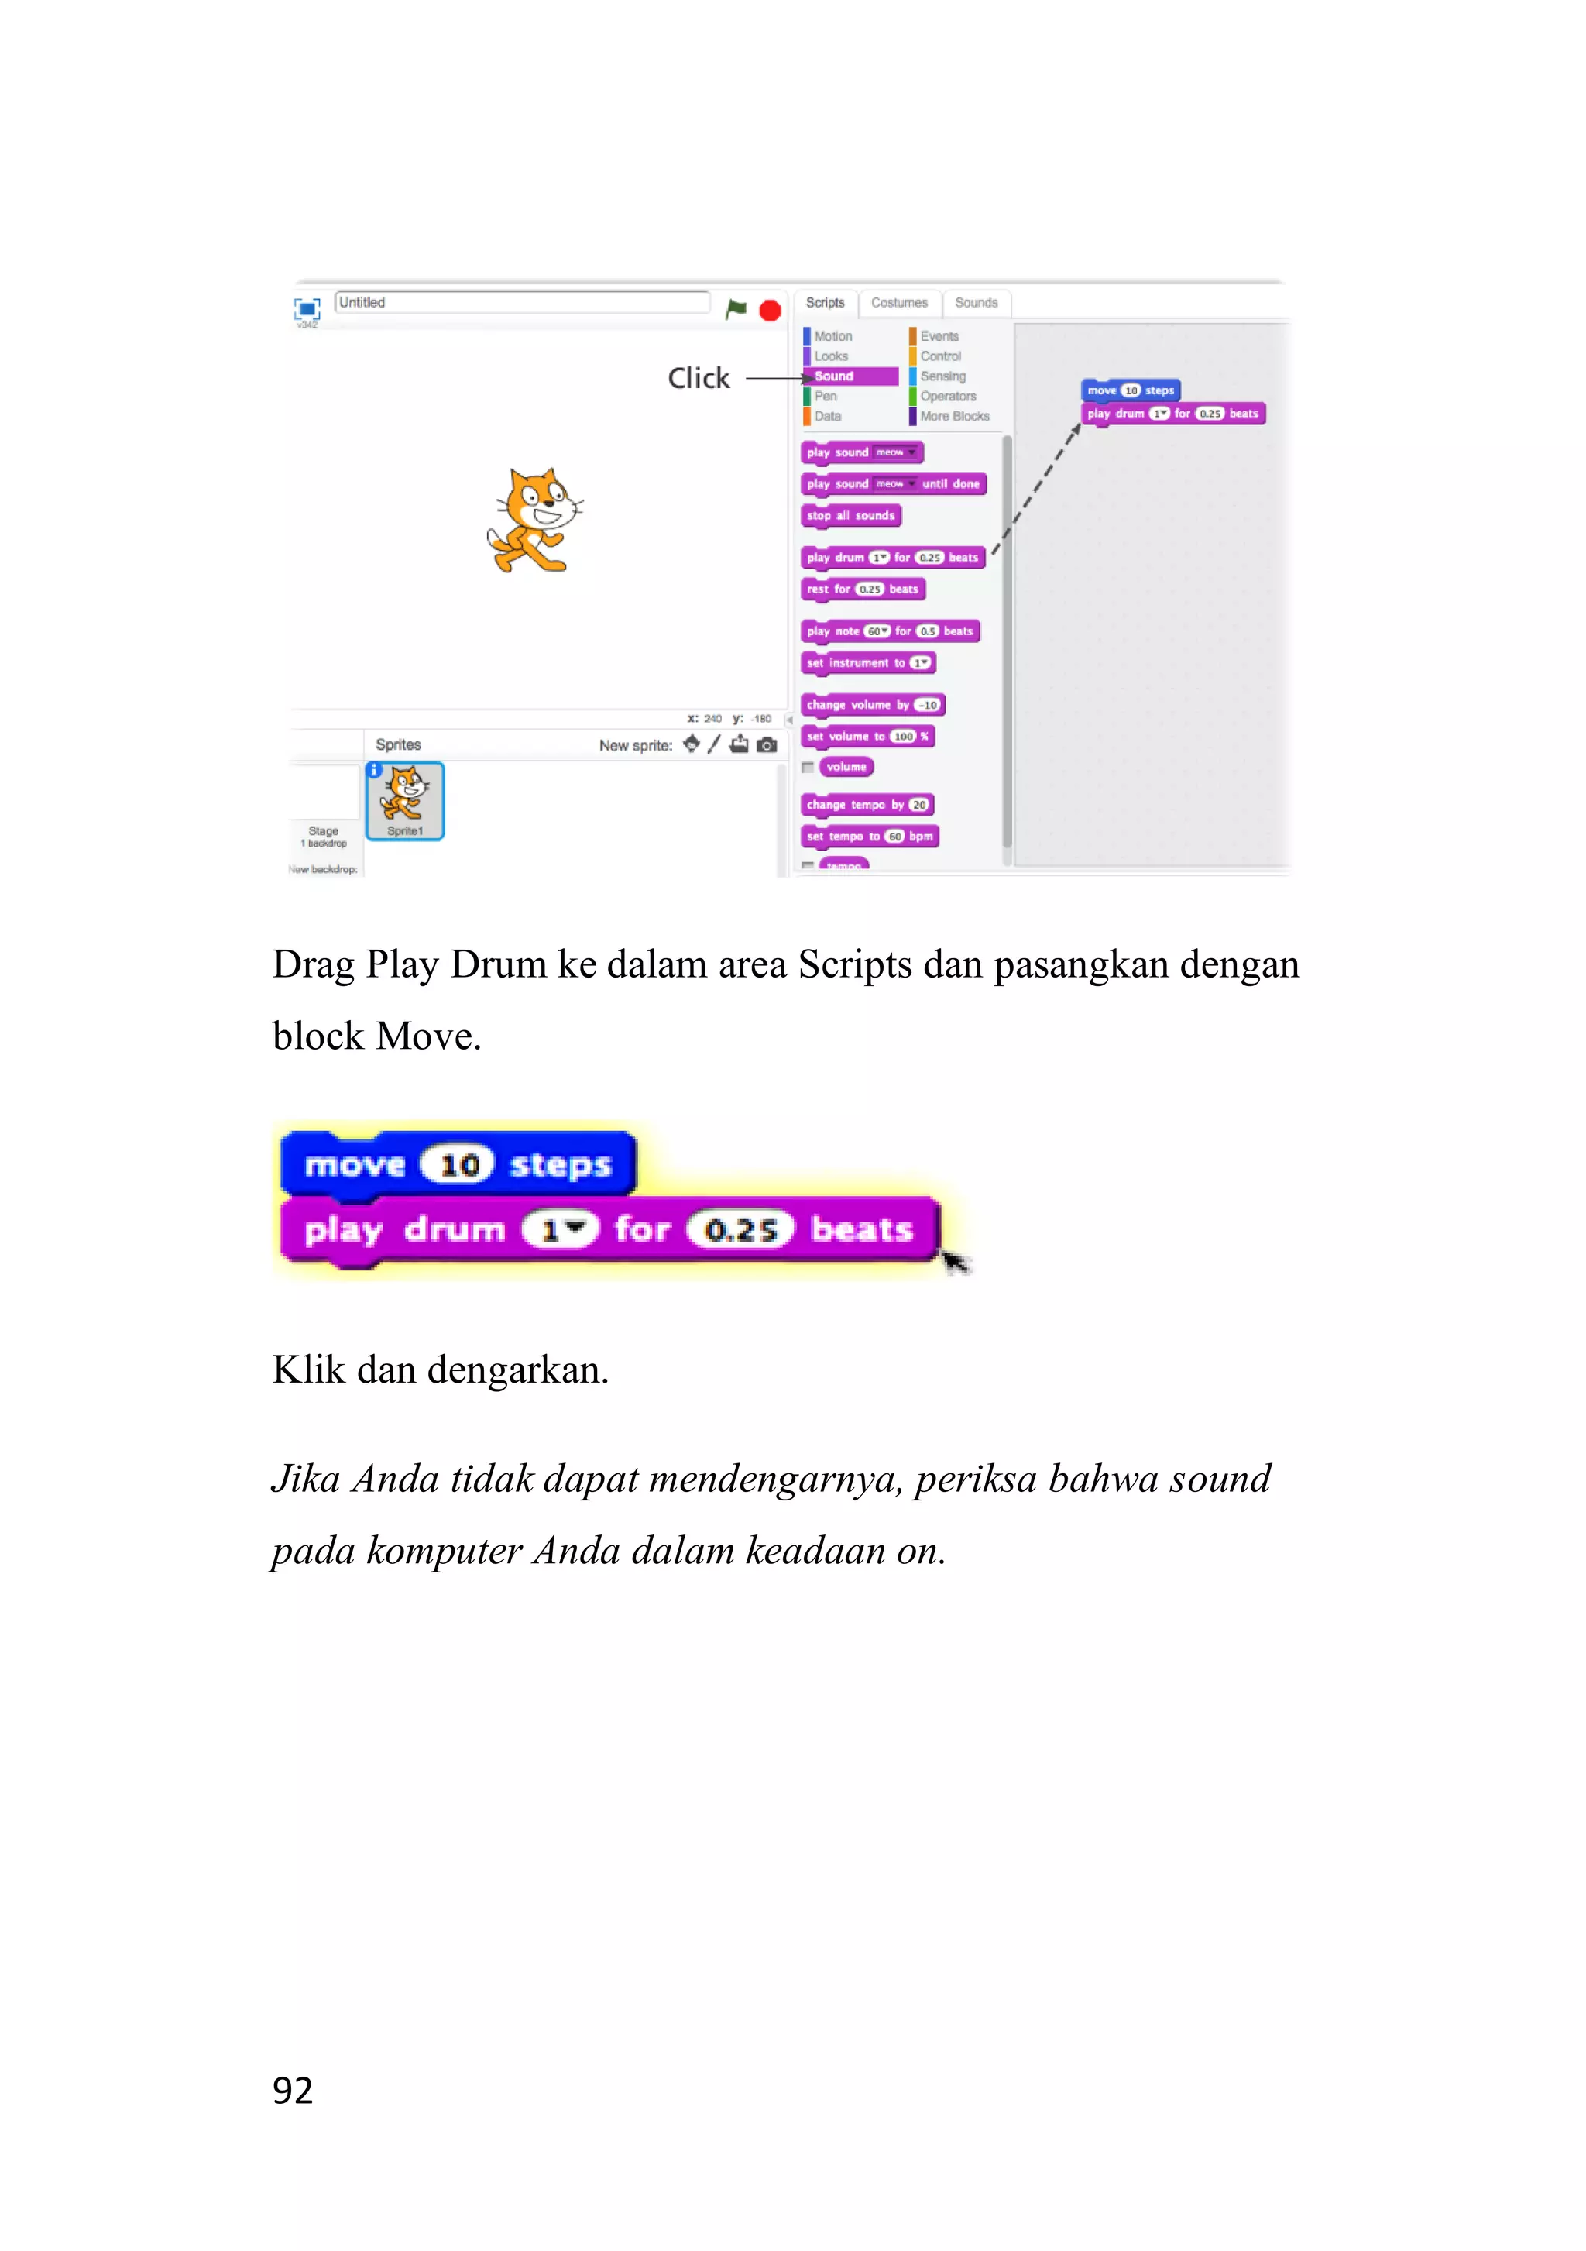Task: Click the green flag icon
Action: click(x=735, y=310)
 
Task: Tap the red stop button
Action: click(x=771, y=311)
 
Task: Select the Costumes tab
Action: click(x=899, y=303)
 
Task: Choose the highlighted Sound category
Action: click(x=849, y=376)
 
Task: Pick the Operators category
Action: click(x=947, y=396)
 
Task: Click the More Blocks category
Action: click(x=954, y=417)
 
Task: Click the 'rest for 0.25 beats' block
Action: click(x=863, y=589)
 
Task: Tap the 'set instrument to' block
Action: click(x=867, y=664)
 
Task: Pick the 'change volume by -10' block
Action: click(x=871, y=705)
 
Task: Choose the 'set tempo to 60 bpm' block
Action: click(x=868, y=837)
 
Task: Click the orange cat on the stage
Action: click(x=534, y=521)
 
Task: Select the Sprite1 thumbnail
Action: click(x=405, y=801)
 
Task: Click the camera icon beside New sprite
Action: click(x=767, y=745)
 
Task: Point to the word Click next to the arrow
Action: click(x=698, y=379)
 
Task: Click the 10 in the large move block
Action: click(x=458, y=1165)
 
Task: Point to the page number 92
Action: click(x=292, y=2090)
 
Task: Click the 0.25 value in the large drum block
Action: click(x=740, y=1229)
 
